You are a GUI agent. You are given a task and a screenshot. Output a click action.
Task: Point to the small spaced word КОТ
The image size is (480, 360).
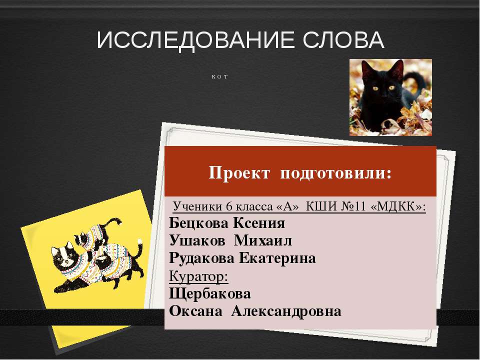[x=219, y=77]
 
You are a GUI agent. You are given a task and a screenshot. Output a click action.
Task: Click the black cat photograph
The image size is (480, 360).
[x=390, y=97]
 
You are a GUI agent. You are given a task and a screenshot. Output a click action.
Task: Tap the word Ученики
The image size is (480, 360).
[x=197, y=206]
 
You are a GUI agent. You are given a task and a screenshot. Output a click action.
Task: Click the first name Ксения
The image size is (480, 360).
[x=259, y=223]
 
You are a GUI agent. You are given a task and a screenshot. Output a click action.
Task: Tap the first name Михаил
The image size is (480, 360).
[x=263, y=240]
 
